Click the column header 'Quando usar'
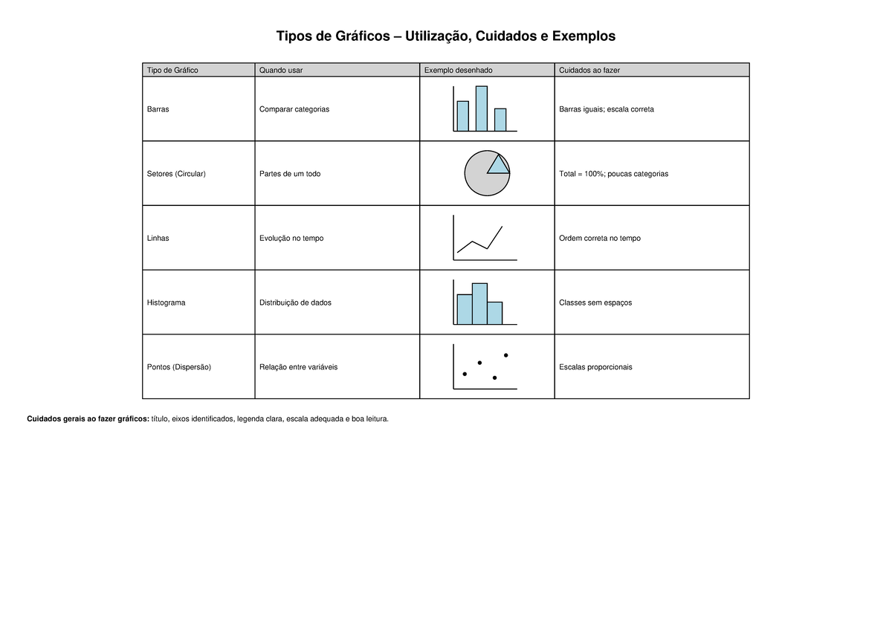click(x=281, y=70)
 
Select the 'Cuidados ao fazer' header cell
click(x=589, y=70)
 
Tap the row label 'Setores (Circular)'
click(x=176, y=174)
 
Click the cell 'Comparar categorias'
click(x=294, y=109)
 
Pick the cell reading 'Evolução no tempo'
click(x=291, y=239)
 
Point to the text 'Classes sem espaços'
click(x=595, y=303)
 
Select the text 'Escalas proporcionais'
click(x=595, y=367)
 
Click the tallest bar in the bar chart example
click(x=482, y=109)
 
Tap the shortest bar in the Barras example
click(x=500, y=120)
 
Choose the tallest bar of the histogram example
click(x=479, y=303)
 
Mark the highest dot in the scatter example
click(x=506, y=355)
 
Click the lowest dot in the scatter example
click(x=495, y=378)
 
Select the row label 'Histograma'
click(x=167, y=303)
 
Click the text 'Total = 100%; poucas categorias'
click(x=613, y=174)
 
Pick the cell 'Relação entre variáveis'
click(x=299, y=367)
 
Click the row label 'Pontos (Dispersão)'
click(x=179, y=367)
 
